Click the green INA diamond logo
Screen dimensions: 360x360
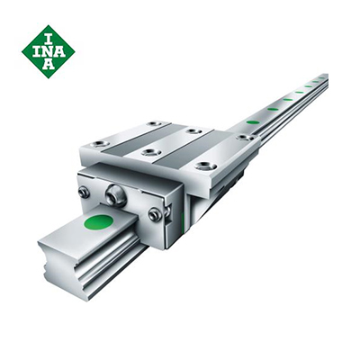(48, 50)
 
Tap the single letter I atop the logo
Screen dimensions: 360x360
(48, 36)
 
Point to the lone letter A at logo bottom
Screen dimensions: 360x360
(48, 65)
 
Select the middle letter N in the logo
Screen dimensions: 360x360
(48, 50)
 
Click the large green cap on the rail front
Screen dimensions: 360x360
(98, 221)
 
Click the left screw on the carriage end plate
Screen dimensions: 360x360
(84, 192)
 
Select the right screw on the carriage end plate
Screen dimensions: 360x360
(155, 214)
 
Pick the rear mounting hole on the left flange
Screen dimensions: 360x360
(155, 123)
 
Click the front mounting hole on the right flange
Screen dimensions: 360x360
(206, 166)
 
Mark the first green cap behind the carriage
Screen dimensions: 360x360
(253, 121)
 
